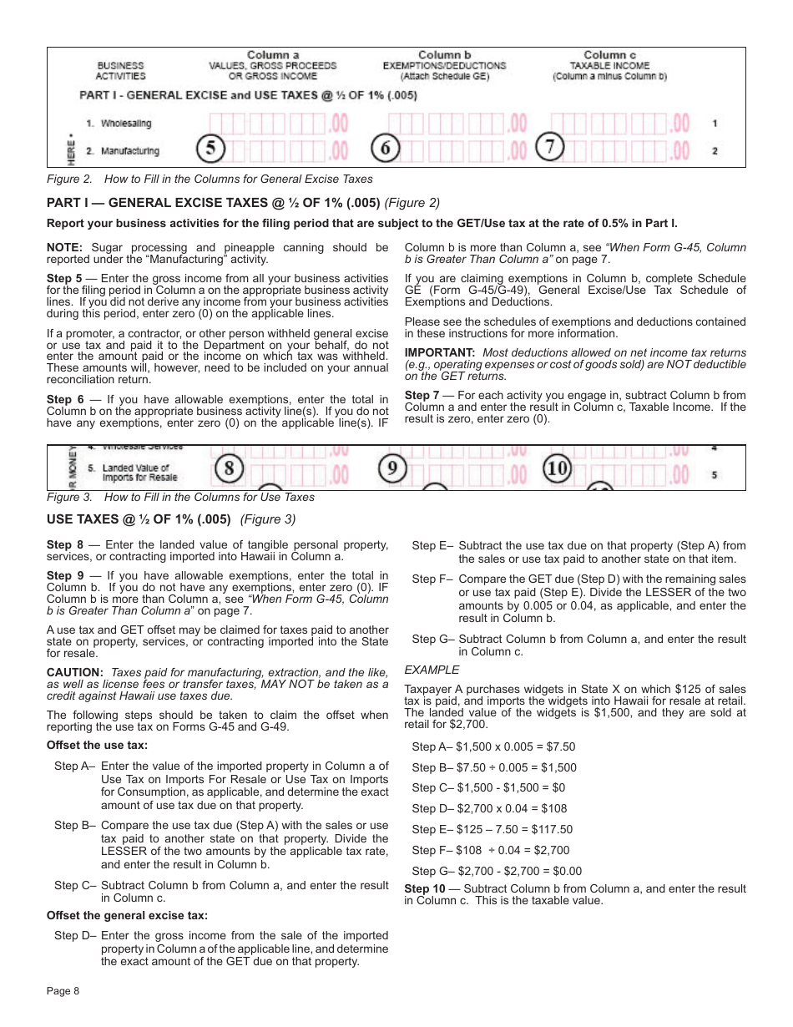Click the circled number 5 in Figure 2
click(x=211, y=149)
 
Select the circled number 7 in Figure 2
click(x=549, y=147)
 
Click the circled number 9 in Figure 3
click(x=392, y=469)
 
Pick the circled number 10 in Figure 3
click(x=558, y=469)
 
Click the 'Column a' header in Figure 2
click(x=273, y=55)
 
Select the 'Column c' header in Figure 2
click(x=609, y=55)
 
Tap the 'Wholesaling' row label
click(x=126, y=124)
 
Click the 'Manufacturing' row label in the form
click(x=129, y=151)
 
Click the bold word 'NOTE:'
click(x=64, y=247)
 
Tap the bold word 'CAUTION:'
click(x=75, y=672)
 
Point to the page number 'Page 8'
click(x=63, y=991)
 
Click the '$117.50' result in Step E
click(x=553, y=829)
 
